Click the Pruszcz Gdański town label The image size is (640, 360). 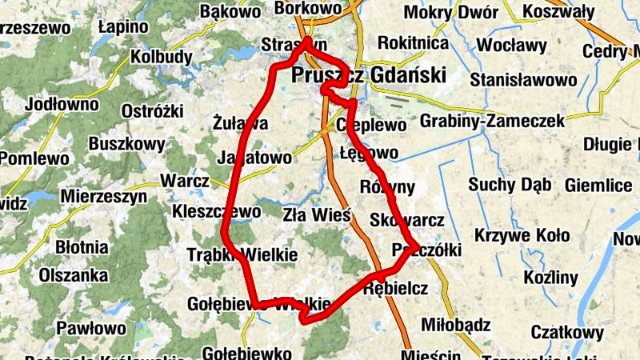point(369,76)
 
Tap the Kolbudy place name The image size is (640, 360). point(162,57)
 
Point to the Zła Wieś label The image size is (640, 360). point(318,214)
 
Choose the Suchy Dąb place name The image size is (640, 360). point(510,186)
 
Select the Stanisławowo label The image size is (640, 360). point(523,80)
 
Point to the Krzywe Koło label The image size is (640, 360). point(522,236)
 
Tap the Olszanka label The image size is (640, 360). point(74,275)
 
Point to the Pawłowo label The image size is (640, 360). point(91,328)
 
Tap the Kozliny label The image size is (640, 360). point(550,278)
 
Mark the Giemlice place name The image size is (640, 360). point(598,186)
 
